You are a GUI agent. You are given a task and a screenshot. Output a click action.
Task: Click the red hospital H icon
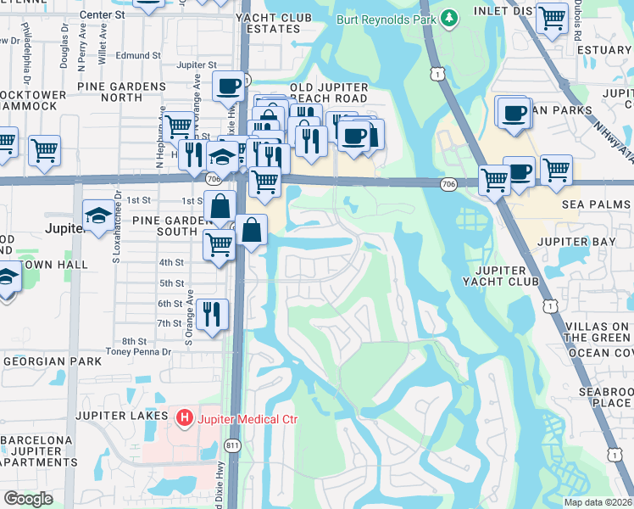click(182, 417)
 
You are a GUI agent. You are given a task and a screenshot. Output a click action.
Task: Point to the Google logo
click(28, 499)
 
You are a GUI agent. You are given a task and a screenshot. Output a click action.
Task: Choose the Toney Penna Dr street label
click(138, 351)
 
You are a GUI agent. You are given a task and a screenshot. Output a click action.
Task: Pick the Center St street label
click(102, 14)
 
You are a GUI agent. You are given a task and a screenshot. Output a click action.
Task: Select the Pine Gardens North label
click(121, 92)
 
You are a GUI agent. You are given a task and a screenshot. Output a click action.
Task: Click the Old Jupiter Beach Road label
click(329, 93)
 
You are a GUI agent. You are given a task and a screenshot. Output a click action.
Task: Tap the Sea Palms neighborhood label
click(598, 204)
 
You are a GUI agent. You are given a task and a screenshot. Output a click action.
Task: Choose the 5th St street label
click(171, 283)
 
